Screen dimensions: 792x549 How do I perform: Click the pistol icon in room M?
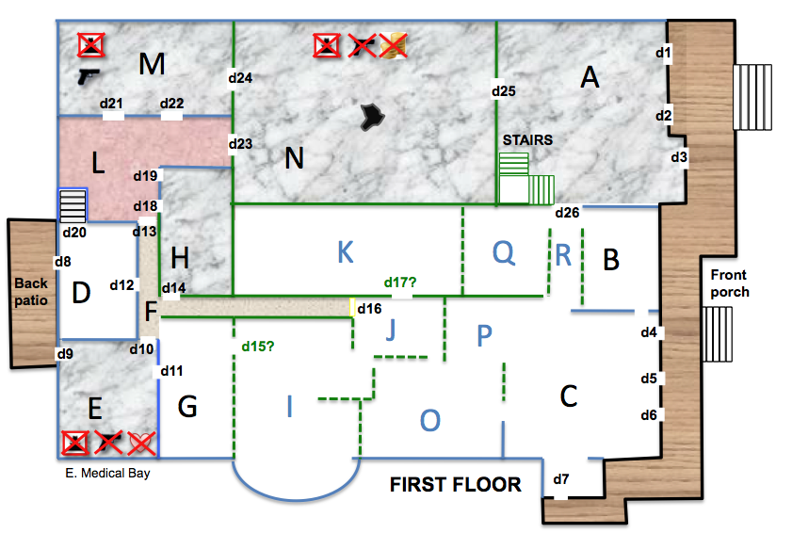click(89, 76)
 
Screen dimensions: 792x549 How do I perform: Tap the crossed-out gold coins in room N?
click(393, 45)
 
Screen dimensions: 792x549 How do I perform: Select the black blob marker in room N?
click(373, 117)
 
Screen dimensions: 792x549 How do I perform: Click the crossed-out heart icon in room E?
click(141, 443)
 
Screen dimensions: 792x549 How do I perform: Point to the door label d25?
click(504, 91)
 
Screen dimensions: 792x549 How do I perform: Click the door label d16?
click(369, 309)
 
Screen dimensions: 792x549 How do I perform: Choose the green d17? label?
click(400, 283)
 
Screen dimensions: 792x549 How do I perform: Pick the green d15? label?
click(258, 347)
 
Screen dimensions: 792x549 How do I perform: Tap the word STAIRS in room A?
click(527, 140)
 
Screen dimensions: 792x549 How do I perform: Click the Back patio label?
click(31, 291)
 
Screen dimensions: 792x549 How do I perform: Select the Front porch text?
click(729, 283)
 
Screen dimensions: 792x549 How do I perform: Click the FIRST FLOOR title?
click(455, 485)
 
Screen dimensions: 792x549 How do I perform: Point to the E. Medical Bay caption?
click(107, 474)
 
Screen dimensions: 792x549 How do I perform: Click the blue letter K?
click(346, 252)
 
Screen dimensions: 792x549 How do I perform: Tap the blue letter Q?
click(504, 252)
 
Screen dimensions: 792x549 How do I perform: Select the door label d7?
click(560, 478)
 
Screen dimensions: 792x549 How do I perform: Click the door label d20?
click(74, 233)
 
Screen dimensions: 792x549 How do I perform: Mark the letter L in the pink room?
click(98, 163)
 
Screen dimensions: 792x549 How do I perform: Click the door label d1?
click(663, 52)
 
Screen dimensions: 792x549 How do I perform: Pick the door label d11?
click(171, 371)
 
